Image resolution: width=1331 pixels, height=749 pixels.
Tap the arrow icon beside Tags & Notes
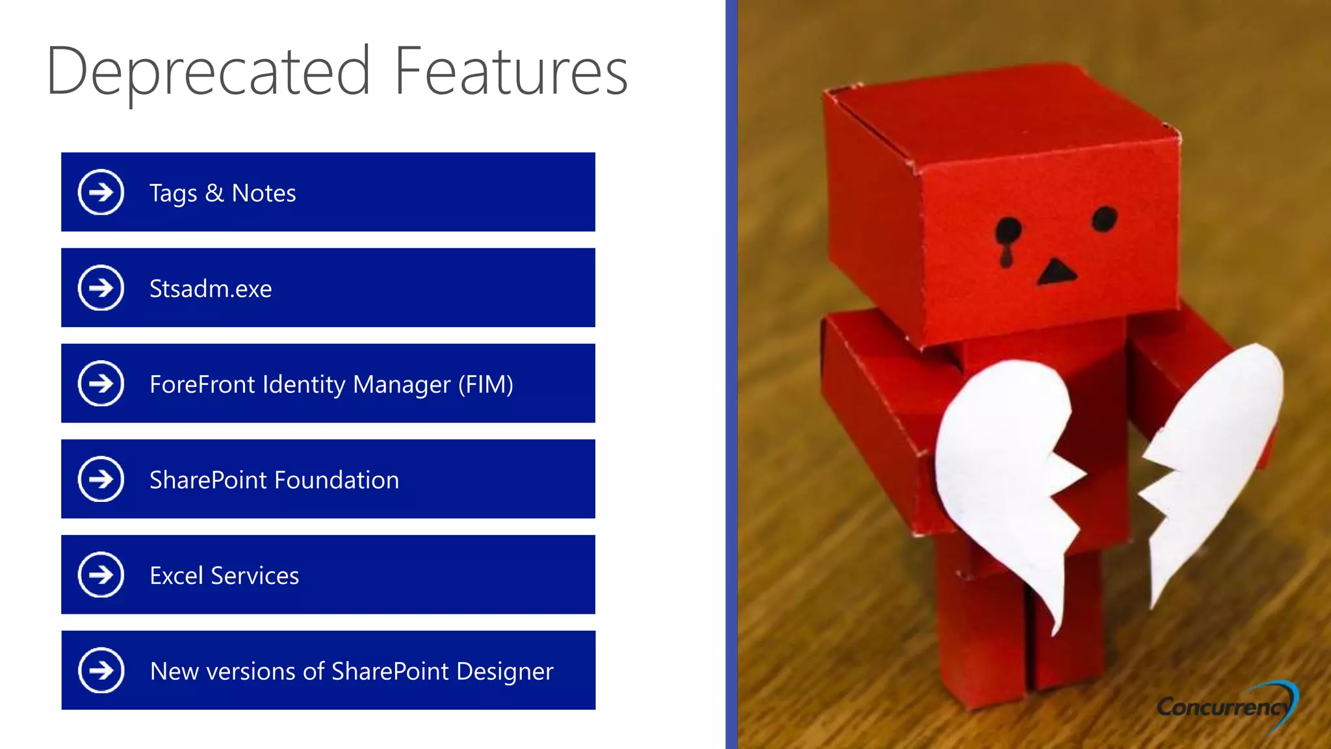pyautogui.click(x=101, y=192)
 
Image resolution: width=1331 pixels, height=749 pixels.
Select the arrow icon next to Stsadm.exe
pyautogui.click(x=101, y=288)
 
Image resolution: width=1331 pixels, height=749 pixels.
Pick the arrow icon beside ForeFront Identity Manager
pyautogui.click(x=101, y=384)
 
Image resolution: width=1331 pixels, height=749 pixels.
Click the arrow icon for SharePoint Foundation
pyautogui.click(x=101, y=479)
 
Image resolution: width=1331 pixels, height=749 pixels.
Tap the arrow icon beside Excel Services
pyautogui.click(x=101, y=575)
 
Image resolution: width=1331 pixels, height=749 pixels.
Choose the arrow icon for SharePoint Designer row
pyautogui.click(x=101, y=670)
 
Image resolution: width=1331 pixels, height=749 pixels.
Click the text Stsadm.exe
pyautogui.click(x=211, y=289)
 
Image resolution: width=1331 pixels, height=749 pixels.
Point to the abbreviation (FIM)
pyautogui.click(x=485, y=384)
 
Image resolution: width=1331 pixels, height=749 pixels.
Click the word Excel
pyautogui.click(x=176, y=575)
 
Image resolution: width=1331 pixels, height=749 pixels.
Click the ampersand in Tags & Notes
pyautogui.click(x=214, y=193)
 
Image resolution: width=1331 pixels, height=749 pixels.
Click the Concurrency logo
pyautogui.click(x=1226, y=705)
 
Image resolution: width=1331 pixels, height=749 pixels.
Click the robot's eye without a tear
pyautogui.click(x=1104, y=218)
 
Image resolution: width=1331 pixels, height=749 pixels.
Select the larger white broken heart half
pyautogui.click(x=1007, y=468)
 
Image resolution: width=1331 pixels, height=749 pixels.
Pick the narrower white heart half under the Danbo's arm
pyautogui.click(x=1212, y=455)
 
